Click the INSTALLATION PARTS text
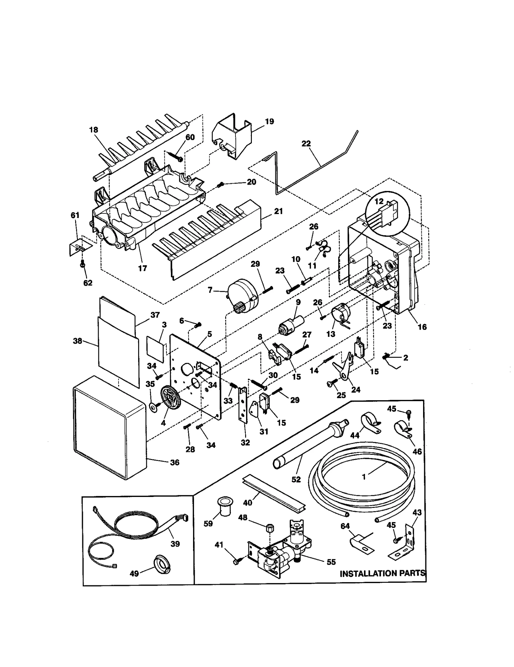[382, 573]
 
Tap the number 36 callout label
[174, 462]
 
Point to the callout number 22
[306, 144]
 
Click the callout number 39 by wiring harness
[175, 544]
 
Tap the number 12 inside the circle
[379, 201]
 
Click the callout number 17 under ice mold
[142, 268]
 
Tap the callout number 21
[279, 211]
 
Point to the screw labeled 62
[83, 264]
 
